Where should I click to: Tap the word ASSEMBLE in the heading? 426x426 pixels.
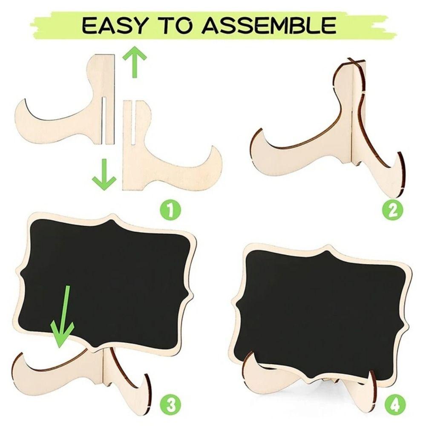pos(268,25)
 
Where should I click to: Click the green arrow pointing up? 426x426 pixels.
pos(134,63)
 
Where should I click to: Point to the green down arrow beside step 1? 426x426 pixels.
pos(104,175)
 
